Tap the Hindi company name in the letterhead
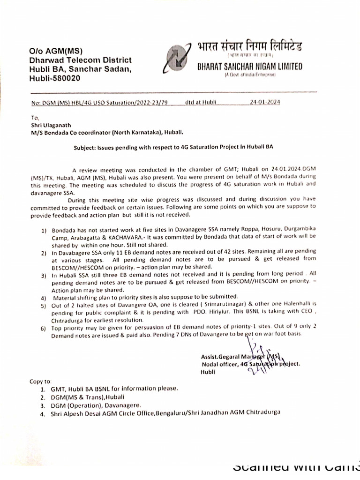[249, 47]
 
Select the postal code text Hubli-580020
[55, 78]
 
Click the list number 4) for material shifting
[43, 297]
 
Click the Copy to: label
[41, 382]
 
